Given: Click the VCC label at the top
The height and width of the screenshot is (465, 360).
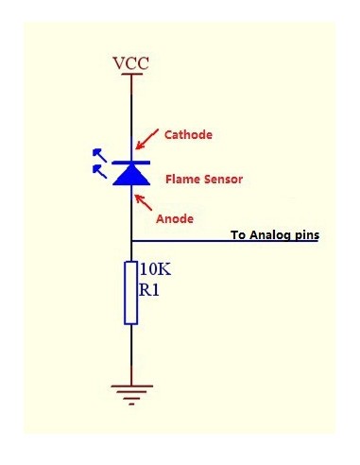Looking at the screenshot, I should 130,63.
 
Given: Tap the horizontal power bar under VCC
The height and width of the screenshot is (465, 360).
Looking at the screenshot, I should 130,75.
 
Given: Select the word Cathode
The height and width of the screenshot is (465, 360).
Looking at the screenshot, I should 188,134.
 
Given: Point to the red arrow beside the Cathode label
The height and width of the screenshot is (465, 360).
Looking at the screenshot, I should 145,140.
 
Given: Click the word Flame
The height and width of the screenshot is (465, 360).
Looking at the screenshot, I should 182,177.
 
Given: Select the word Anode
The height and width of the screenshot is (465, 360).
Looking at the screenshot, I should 174,218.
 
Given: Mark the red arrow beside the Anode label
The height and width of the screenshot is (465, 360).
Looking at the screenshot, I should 145,202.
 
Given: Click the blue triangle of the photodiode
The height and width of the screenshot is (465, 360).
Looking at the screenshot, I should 130,174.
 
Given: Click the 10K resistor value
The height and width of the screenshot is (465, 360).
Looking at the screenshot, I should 156,269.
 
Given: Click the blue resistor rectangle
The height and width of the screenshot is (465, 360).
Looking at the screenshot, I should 130,294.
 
